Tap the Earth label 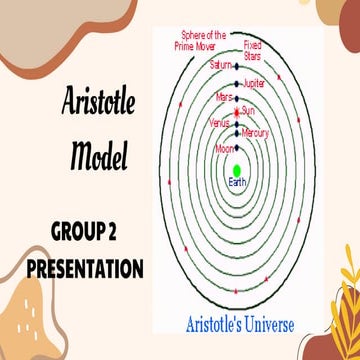pos(237,182)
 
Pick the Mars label pos(223,99)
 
